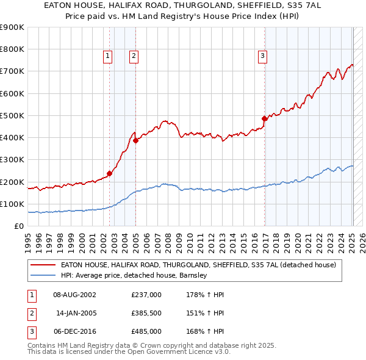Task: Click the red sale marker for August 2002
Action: click(x=110, y=173)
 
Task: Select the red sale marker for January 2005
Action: click(x=136, y=140)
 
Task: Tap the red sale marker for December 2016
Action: click(x=264, y=118)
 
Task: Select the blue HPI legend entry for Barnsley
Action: click(x=134, y=275)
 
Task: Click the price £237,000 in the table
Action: click(x=146, y=295)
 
